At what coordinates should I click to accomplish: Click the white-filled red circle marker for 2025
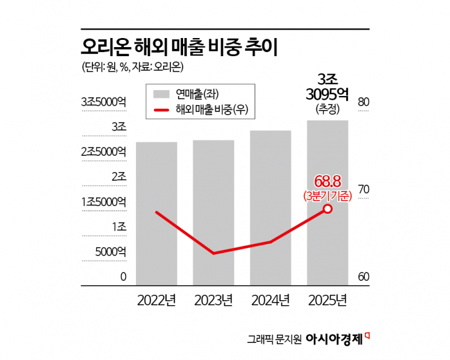(x=327, y=209)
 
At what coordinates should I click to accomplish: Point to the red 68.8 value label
(x=327, y=181)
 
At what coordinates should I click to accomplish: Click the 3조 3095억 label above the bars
(x=327, y=87)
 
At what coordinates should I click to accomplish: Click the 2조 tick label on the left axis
(x=118, y=177)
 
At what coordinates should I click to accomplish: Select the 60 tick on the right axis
(x=364, y=277)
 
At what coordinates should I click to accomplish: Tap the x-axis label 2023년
(x=213, y=300)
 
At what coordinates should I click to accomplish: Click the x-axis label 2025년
(x=327, y=300)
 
